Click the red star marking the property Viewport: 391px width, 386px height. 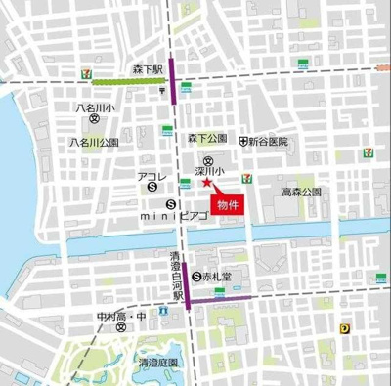point(205,182)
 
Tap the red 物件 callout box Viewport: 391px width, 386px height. point(228,205)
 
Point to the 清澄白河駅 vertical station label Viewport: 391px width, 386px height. point(174,277)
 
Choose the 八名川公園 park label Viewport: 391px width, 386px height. point(94,142)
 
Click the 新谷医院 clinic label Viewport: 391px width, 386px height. point(268,141)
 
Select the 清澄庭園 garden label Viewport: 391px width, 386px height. point(157,362)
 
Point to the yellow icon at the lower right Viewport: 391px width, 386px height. point(344,330)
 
